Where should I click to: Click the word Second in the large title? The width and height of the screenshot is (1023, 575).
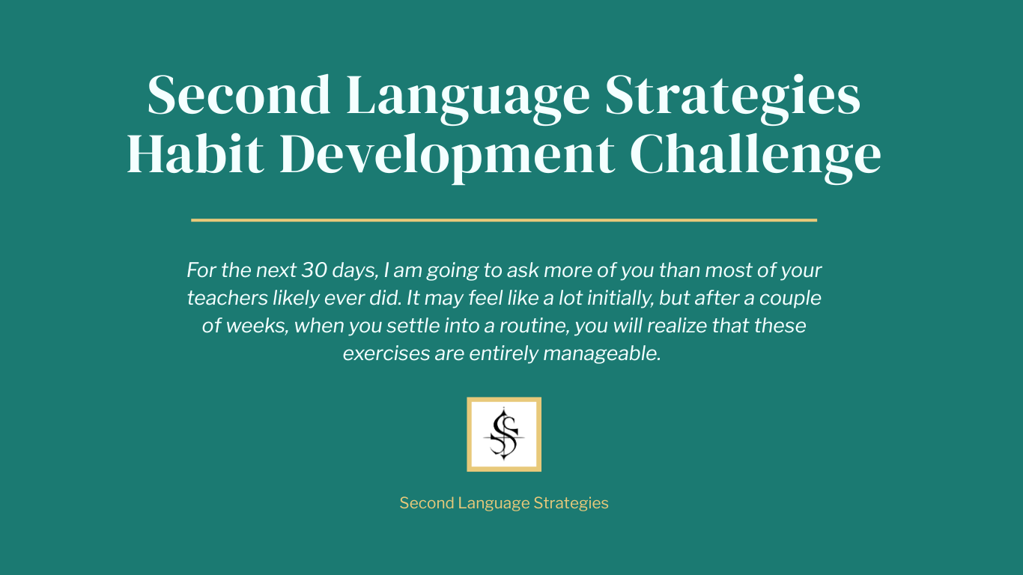point(239,95)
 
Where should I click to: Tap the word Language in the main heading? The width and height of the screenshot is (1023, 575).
point(468,99)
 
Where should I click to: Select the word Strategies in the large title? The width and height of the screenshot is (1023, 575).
point(733,99)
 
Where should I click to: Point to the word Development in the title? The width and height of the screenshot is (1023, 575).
point(447,156)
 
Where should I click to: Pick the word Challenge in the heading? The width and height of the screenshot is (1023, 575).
point(756,156)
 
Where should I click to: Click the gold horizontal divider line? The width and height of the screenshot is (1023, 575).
point(504,220)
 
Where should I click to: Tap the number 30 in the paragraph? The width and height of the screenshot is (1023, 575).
point(315,270)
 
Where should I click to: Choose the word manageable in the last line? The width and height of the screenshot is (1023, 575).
point(602,354)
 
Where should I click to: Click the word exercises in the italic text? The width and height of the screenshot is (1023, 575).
point(386,354)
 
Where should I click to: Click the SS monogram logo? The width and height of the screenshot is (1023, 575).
point(504,434)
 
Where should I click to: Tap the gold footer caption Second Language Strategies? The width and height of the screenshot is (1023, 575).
point(504,503)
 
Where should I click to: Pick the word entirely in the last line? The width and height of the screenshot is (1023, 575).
point(504,354)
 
